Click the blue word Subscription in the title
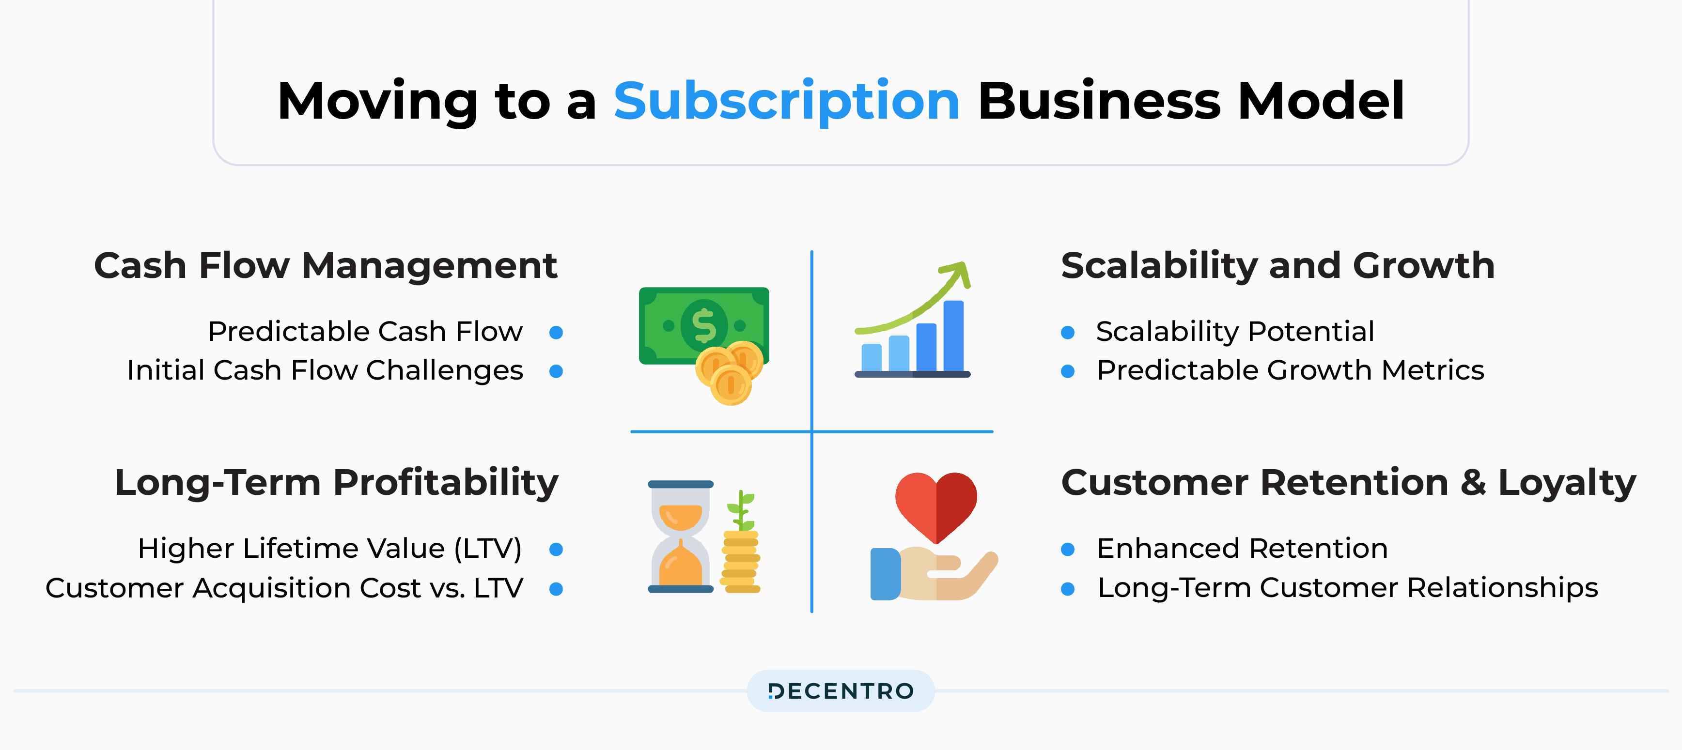point(786,101)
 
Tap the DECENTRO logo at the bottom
point(841,690)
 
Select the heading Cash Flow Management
point(325,266)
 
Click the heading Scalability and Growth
point(1277,266)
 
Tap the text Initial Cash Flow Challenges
point(325,370)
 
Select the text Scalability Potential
point(1235,332)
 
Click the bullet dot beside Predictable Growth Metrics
point(1068,371)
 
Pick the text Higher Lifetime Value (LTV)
point(330,548)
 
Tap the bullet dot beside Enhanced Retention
point(1068,550)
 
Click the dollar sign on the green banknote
point(703,325)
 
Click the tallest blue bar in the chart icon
point(953,336)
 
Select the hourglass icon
point(680,536)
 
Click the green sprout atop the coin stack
point(742,509)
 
